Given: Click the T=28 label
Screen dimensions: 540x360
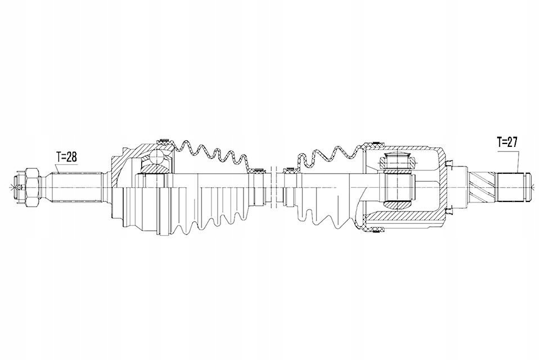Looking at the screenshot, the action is [67, 157].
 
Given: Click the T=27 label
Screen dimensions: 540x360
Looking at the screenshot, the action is [507, 142].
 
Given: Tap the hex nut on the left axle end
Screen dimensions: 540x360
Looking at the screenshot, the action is [31, 187].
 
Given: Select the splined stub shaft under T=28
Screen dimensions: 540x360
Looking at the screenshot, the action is [76, 187].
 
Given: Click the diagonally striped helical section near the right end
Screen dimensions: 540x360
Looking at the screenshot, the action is [482, 187].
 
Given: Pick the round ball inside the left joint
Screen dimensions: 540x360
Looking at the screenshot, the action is [157, 157].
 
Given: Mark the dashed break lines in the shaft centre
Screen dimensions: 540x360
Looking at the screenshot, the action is [274, 188].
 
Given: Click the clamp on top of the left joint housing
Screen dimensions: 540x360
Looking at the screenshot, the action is [164, 141].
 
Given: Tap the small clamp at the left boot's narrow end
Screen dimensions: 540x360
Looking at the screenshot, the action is [256, 170].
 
